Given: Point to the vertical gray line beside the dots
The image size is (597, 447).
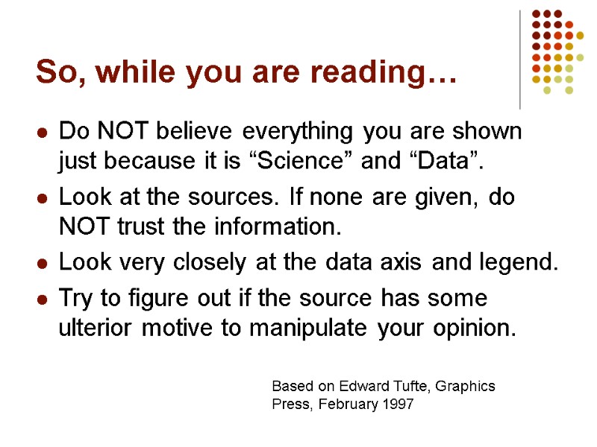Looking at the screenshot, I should click(520, 60).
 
